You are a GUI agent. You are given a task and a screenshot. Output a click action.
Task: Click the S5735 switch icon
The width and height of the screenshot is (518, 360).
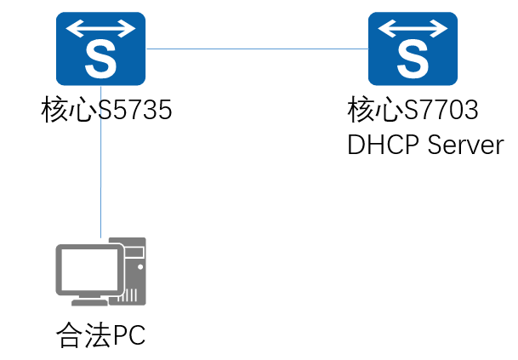pos(101,49)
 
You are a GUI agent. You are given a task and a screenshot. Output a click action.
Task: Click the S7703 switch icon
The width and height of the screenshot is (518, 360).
pos(412,49)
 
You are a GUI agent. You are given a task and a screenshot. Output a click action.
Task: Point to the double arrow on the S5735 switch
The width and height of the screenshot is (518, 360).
pos(101,29)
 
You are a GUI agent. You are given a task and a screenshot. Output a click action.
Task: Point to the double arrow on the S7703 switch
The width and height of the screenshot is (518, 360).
pos(412,29)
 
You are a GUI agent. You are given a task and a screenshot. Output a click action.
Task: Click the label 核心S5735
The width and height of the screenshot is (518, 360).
pos(106,110)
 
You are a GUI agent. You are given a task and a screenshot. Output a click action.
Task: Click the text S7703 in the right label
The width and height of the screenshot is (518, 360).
pos(442,110)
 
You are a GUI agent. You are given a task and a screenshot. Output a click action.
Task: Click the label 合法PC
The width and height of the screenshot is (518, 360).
pos(100,335)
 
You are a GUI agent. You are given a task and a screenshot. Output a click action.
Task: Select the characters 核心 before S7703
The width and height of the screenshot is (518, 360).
pos(373,110)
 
